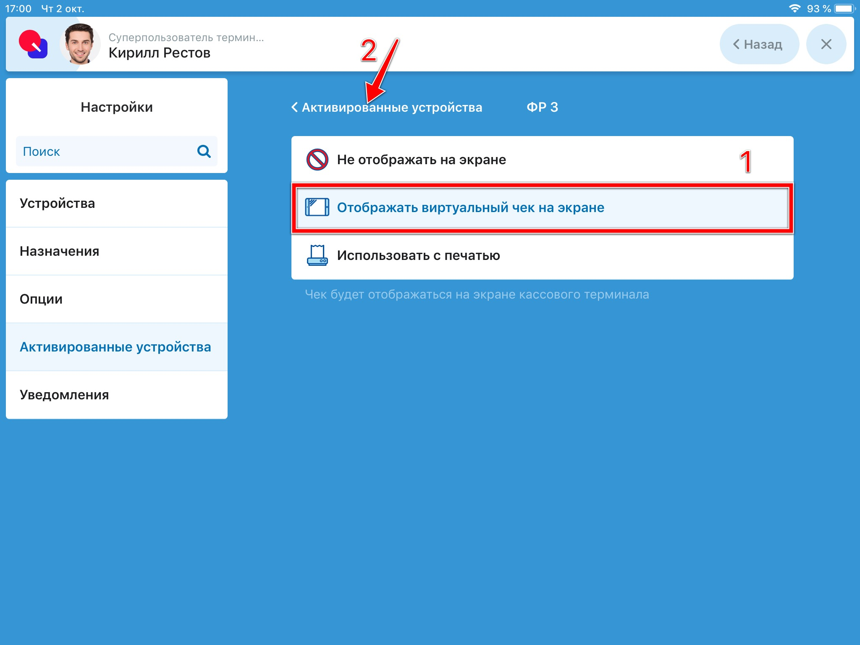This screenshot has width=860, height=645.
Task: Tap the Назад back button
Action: tap(759, 44)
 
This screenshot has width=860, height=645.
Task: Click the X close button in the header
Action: tap(826, 44)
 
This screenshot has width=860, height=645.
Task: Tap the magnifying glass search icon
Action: tap(204, 151)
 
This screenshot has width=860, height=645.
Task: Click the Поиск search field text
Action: tap(41, 152)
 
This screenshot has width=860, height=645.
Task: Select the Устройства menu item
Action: tap(58, 203)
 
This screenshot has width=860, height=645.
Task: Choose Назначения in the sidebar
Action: tap(60, 251)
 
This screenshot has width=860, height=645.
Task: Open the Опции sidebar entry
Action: tap(41, 299)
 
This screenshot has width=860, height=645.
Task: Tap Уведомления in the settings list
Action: tap(64, 395)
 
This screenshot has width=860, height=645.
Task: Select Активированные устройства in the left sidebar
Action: tap(115, 347)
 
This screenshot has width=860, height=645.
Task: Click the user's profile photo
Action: tap(80, 44)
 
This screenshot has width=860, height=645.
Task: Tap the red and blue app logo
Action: tap(33, 44)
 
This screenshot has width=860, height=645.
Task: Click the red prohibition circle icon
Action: tap(317, 160)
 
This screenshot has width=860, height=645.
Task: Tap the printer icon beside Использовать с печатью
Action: tap(317, 255)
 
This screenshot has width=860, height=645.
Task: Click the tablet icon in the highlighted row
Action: tap(317, 207)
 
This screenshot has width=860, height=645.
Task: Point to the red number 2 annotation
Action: tap(369, 51)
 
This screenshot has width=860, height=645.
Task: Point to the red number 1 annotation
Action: tap(746, 161)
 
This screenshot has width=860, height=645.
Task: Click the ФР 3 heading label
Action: tap(543, 107)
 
